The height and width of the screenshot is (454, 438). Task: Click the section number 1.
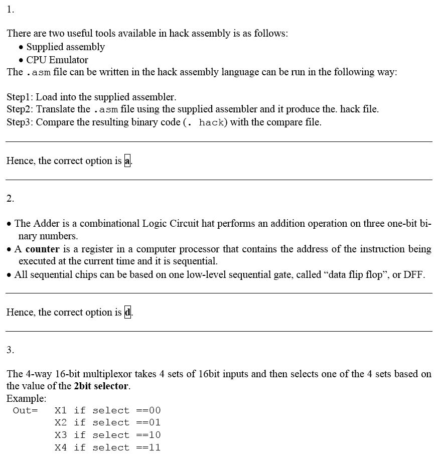pyautogui.click(x=10, y=10)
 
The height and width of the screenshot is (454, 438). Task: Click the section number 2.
pyautogui.click(x=10, y=199)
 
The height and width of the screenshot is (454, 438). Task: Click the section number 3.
pyautogui.click(x=10, y=350)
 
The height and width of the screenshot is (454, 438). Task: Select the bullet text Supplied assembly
pyautogui.click(x=65, y=47)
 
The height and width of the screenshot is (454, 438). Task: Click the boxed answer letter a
pyautogui.click(x=127, y=161)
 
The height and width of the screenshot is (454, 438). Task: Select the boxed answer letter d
pyautogui.click(x=127, y=313)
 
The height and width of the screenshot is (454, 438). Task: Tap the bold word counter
pyautogui.click(x=42, y=249)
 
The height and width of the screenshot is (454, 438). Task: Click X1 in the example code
pyautogui.click(x=61, y=411)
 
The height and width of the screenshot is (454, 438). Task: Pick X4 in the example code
pyautogui.click(x=61, y=447)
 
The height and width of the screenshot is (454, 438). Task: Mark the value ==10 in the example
pyautogui.click(x=148, y=435)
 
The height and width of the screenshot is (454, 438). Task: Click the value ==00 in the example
pyautogui.click(x=148, y=411)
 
